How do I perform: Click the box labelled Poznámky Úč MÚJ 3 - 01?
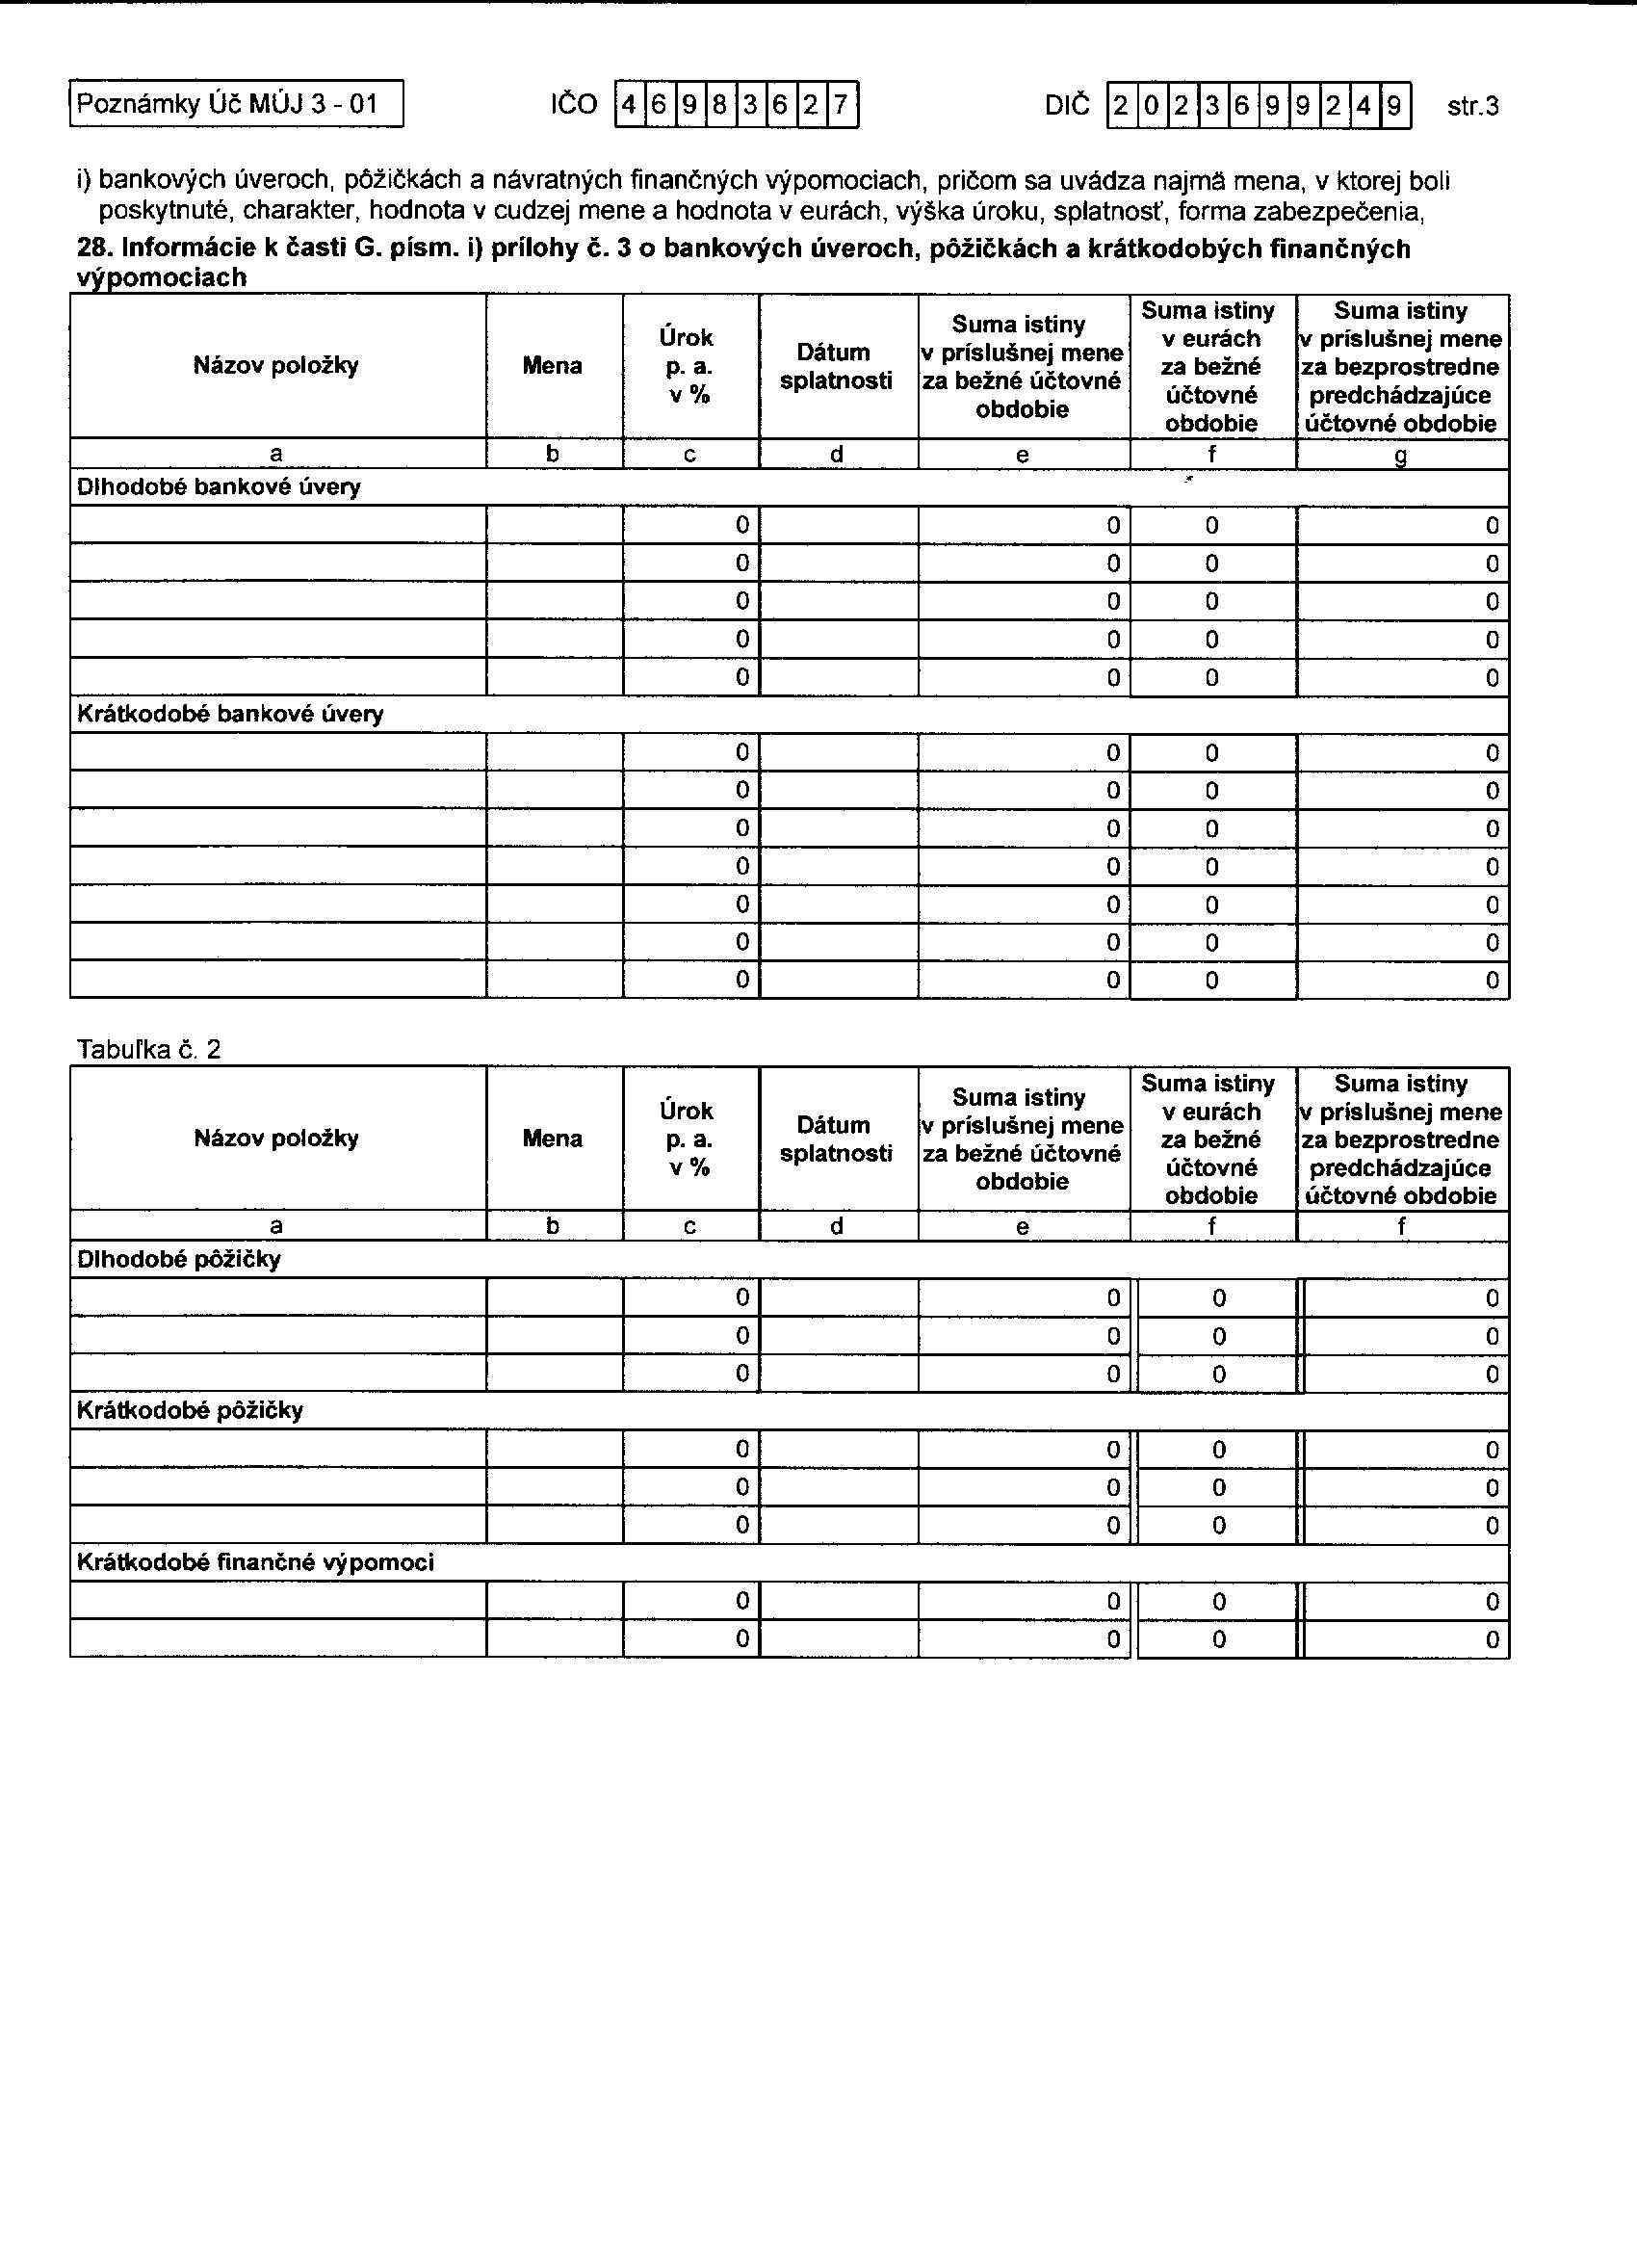(236, 104)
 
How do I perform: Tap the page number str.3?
(1472, 106)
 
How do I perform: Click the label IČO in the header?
(574, 105)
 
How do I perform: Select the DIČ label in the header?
(1066, 105)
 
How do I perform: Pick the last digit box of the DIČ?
(1394, 105)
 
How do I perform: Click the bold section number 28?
(93, 249)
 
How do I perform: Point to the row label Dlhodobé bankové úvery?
(219, 487)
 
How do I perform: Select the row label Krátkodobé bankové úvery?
(230, 714)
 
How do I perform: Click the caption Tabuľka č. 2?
(149, 1050)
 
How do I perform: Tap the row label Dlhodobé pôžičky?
(179, 1260)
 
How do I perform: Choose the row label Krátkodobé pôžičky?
(190, 1411)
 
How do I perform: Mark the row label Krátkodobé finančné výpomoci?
(255, 1563)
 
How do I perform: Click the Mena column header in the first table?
(553, 365)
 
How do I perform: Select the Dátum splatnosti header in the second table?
(836, 1139)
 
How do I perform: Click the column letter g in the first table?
(1401, 456)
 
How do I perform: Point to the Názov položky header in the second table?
(276, 1138)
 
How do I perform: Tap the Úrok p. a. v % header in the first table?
(688, 365)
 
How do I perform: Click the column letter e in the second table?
(1023, 1227)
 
